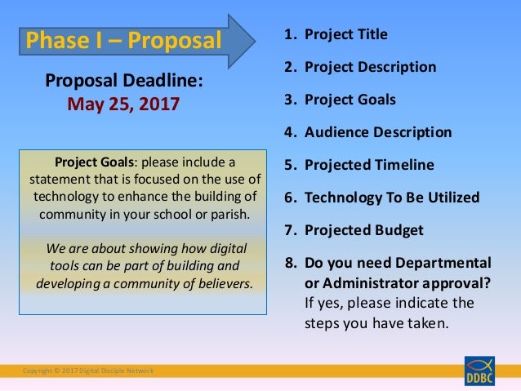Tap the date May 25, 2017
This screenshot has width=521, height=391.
coord(123,104)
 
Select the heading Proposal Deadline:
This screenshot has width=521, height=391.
coord(123,82)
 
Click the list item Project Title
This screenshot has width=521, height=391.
coord(345,34)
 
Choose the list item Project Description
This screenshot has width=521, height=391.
coord(370,67)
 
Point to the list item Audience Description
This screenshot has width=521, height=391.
coord(377,132)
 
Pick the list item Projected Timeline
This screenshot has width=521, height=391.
coord(369,165)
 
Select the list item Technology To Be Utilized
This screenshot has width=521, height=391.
coord(391,198)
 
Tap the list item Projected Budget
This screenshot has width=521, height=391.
coord(363,230)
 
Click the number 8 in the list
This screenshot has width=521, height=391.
coord(289,263)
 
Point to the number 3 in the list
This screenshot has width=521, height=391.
coord(289,100)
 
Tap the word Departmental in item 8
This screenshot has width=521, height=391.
coord(448,263)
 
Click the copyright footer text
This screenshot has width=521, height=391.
coord(88,371)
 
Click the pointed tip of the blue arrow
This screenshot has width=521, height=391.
coord(266,38)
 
